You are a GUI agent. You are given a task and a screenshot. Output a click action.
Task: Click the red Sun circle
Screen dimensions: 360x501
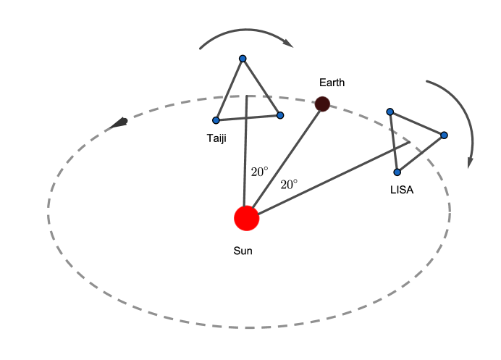click(246, 218)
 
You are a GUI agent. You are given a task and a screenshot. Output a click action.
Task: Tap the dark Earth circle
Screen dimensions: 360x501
click(322, 104)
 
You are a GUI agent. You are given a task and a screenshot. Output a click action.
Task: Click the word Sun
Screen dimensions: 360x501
click(243, 251)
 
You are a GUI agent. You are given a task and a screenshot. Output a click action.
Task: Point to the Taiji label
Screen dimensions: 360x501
click(216, 138)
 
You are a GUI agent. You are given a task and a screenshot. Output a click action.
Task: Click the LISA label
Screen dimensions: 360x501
click(402, 190)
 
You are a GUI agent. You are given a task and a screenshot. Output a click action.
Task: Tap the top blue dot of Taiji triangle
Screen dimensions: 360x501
click(243, 59)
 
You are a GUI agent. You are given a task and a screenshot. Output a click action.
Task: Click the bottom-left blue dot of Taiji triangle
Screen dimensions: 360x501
click(216, 120)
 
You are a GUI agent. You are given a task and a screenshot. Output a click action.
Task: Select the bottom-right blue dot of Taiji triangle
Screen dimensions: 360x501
click(280, 115)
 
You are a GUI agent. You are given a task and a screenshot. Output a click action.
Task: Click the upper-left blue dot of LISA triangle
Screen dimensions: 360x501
click(390, 112)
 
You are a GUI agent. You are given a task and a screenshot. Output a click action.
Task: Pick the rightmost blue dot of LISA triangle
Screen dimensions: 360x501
click(444, 135)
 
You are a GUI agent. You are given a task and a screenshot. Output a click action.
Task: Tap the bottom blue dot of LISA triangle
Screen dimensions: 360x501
click(397, 172)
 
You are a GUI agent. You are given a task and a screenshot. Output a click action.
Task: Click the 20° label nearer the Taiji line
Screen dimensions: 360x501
click(259, 172)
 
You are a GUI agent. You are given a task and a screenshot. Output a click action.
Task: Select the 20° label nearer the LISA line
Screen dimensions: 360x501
click(289, 185)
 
